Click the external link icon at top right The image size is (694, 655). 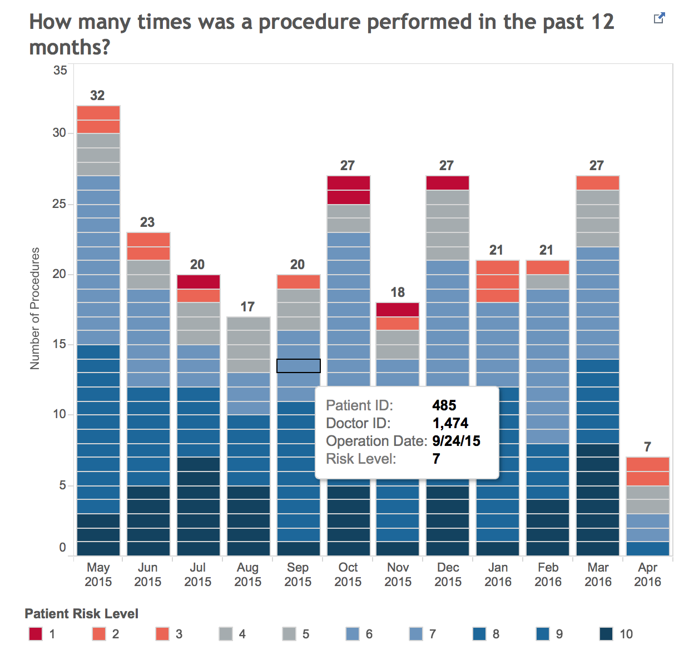tap(659, 18)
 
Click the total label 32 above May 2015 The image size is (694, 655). tap(97, 96)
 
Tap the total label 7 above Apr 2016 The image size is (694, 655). tap(647, 447)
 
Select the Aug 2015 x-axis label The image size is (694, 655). tap(247, 574)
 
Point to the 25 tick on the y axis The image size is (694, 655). tap(60, 204)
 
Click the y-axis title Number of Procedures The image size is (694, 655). tap(35, 309)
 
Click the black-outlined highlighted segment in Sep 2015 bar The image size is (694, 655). tap(299, 366)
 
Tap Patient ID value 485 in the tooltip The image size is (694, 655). tap(444, 405)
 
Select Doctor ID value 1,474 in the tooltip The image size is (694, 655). tap(450, 423)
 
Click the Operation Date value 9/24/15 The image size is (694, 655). tap(456, 441)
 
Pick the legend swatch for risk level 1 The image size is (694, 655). tap(36, 634)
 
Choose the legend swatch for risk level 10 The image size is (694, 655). tap(606, 634)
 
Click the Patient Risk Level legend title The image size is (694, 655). tap(82, 614)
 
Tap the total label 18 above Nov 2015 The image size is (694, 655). tap(398, 292)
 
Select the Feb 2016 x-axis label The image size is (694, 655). tap(548, 574)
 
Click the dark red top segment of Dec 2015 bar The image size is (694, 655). tap(448, 183)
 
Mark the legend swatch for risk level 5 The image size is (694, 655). tap(289, 634)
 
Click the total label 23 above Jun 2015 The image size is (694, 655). tap(147, 222)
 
